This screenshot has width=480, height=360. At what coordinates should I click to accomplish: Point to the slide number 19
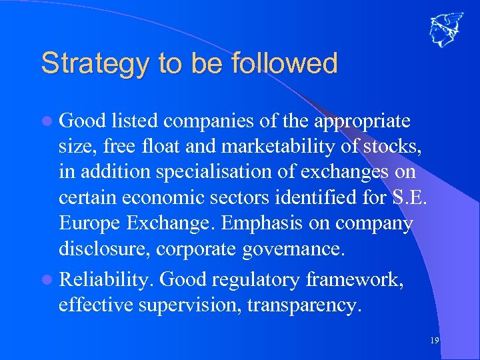coord(434,341)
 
